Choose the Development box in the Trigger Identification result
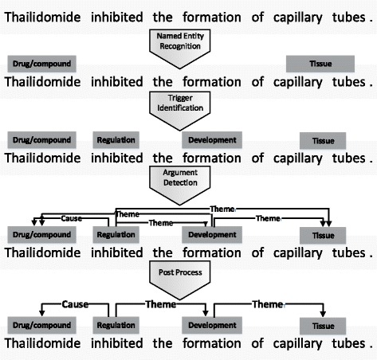tap(212, 140)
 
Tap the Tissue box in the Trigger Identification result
tap(322, 141)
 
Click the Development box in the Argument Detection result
tap(212, 234)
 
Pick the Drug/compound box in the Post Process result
tap(40, 326)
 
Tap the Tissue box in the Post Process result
tap(322, 327)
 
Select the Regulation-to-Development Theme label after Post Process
tap(162, 303)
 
